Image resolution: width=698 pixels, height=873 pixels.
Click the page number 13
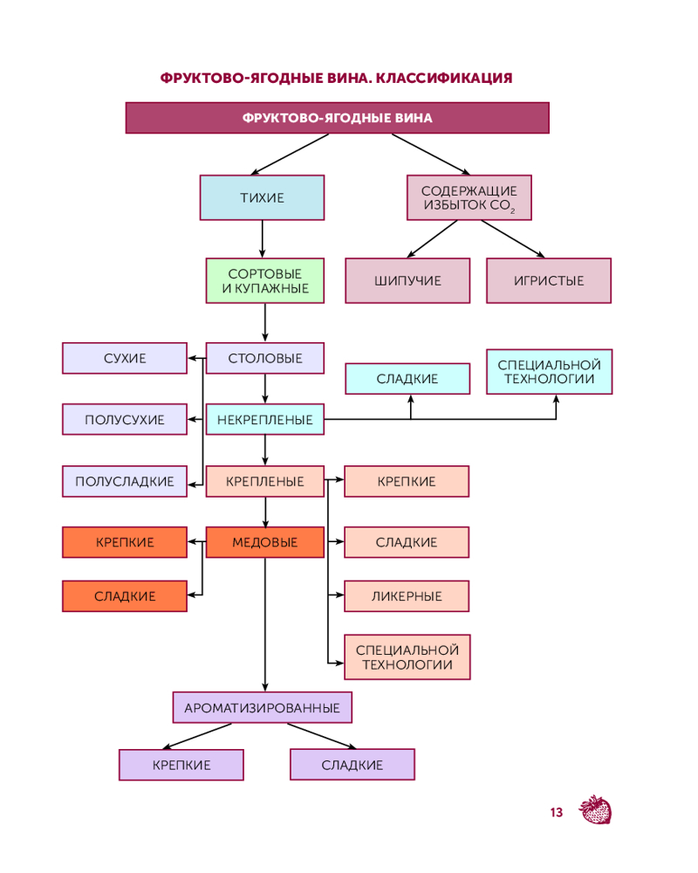pos(556,813)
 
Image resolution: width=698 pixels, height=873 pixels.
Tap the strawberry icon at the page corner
pos(596,810)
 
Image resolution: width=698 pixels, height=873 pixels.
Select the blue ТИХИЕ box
pos(262,197)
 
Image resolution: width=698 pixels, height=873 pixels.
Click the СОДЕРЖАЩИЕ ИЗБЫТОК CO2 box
pos(469,197)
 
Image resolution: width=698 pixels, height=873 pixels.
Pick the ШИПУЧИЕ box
pos(407,280)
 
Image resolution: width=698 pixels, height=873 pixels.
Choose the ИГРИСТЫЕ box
pos(549,280)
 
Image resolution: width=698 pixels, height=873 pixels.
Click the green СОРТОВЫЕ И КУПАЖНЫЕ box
pos(265,280)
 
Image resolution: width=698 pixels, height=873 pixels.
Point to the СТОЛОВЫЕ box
pos(265,358)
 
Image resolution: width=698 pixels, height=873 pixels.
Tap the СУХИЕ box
pos(125,358)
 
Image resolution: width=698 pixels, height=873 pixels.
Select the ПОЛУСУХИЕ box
pos(125,419)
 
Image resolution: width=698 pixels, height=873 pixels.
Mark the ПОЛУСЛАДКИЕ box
pos(125,481)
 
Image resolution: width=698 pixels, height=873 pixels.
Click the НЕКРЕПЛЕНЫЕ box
pos(265,419)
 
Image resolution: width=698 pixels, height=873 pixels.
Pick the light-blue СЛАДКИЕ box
pos(407,378)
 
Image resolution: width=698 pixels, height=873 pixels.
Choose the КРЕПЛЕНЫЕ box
pos(265,481)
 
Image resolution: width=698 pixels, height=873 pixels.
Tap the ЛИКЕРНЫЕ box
pos(407,596)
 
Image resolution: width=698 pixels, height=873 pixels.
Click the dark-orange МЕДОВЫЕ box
pos(265,542)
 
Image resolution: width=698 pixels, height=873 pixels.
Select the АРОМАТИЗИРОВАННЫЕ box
pos(263,707)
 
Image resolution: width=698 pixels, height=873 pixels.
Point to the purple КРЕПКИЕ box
pos(181,765)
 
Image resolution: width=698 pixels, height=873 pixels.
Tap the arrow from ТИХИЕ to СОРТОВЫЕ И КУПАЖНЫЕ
pos(263,238)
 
